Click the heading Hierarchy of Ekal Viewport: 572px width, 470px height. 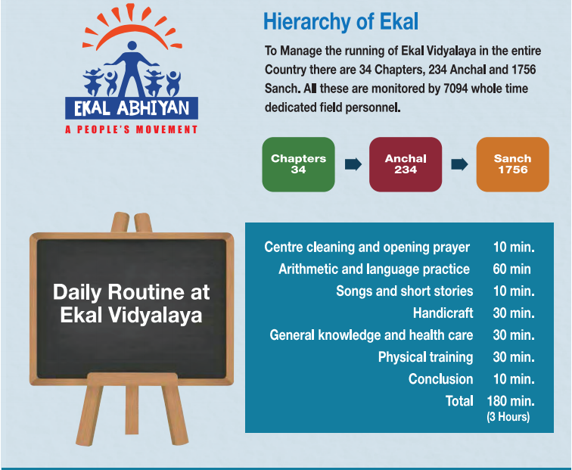coord(340,22)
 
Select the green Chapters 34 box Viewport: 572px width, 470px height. coord(298,164)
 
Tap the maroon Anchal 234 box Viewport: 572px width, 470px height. coord(405,164)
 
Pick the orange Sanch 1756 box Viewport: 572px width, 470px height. coord(512,164)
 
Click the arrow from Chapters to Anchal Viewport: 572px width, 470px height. coord(353,164)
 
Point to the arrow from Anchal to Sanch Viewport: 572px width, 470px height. coord(459,164)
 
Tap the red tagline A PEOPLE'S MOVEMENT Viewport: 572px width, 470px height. coord(132,129)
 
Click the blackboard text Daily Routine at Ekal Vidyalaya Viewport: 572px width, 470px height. coord(132,303)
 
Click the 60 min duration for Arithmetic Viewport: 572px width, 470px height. coord(511,269)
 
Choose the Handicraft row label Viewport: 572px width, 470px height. coord(443,313)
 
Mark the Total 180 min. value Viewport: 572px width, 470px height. coord(512,401)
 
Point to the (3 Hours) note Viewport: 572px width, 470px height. coord(508,417)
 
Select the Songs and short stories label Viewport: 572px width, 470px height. coord(404,291)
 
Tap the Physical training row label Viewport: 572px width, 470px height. coord(425,357)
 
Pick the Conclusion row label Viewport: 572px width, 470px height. coord(440,379)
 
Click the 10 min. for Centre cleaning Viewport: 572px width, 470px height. coord(513,247)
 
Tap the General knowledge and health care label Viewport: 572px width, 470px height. coord(371,335)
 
